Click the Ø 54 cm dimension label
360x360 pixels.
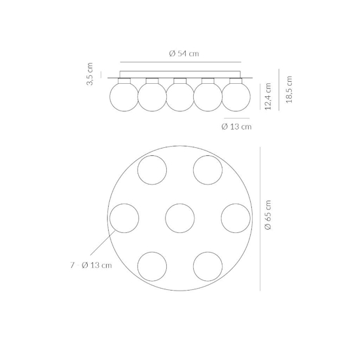(184, 54)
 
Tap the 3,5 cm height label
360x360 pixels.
(90, 74)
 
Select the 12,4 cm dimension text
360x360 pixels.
(268, 96)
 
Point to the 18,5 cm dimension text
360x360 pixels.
(289, 90)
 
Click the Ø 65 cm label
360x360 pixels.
(268, 215)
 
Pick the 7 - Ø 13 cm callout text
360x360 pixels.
(91, 265)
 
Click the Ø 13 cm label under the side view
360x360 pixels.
(236, 126)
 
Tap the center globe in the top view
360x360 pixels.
(180, 218)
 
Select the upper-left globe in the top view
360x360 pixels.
(152, 170)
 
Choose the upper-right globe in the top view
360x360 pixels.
(207, 170)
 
